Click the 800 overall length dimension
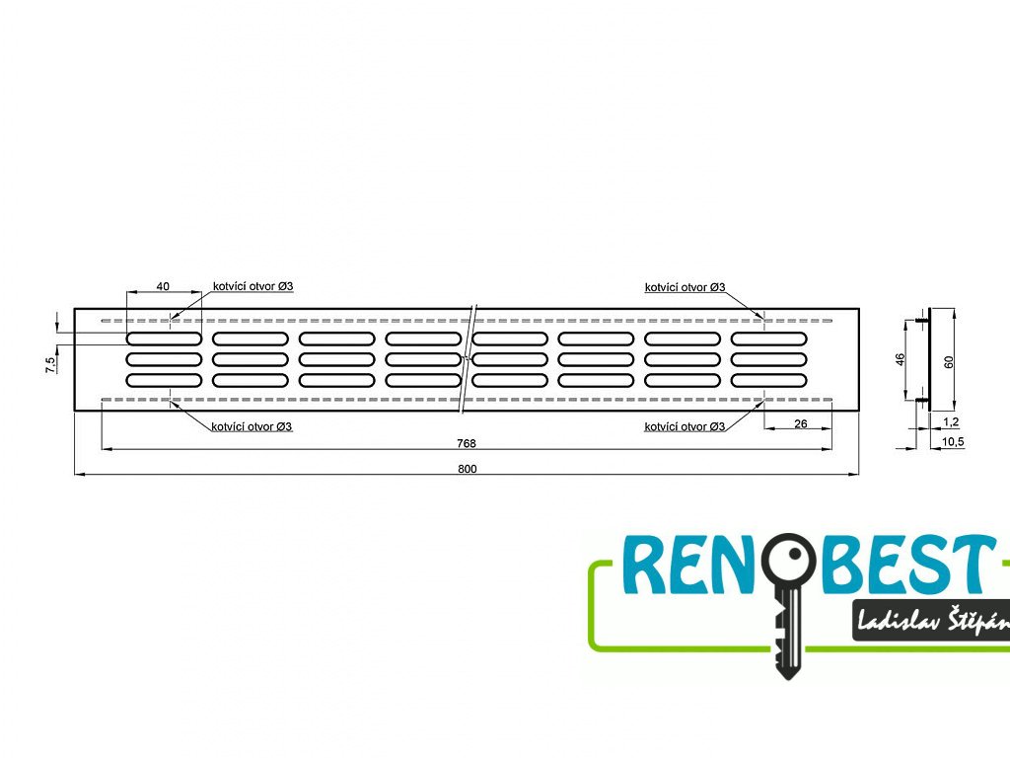click(467, 469)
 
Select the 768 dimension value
click(467, 443)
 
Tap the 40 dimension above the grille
click(164, 286)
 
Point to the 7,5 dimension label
click(50, 366)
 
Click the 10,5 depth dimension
click(953, 441)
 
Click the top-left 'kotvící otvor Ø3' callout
click(252, 286)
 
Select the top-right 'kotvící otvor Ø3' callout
click(685, 287)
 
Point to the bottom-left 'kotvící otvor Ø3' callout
click(252, 427)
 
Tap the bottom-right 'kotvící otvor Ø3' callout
click(685, 427)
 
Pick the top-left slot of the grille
click(163, 339)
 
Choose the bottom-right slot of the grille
click(768, 380)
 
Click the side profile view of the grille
click(929, 359)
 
